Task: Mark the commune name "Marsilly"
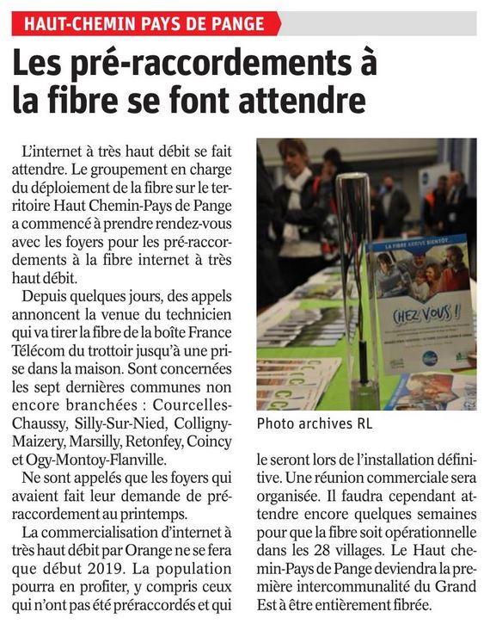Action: point(97,442)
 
